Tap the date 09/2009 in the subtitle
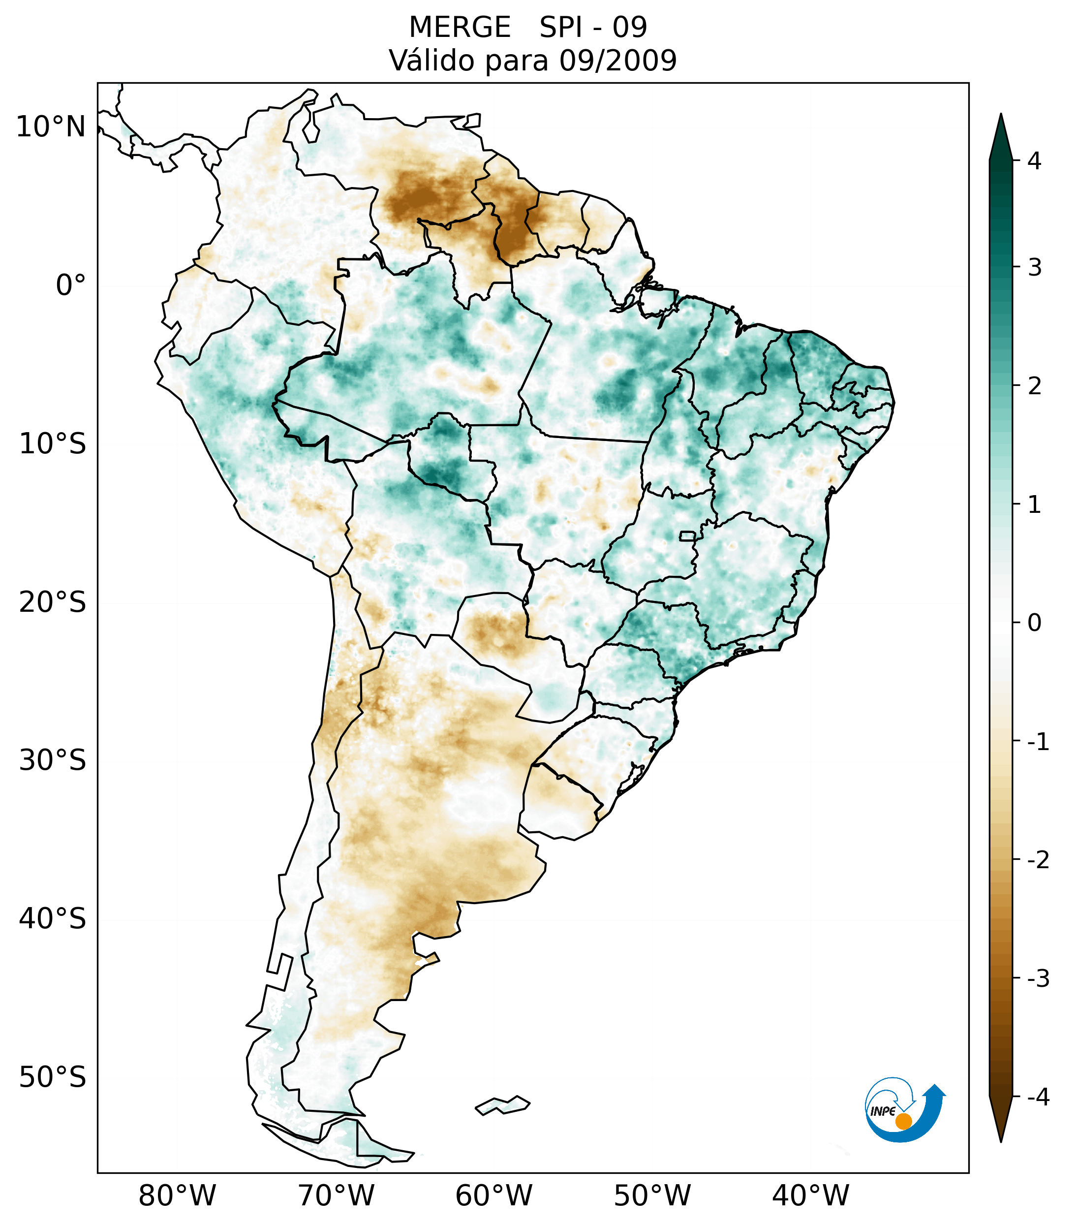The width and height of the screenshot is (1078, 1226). (617, 61)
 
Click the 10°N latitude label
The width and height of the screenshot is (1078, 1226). (51, 127)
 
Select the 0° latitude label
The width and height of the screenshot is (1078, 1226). (71, 285)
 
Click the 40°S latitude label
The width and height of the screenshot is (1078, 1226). (53, 918)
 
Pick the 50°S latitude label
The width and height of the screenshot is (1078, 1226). (53, 1077)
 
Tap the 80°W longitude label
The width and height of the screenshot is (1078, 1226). (178, 1195)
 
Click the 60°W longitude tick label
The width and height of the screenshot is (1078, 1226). (494, 1195)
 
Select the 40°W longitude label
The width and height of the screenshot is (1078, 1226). (811, 1195)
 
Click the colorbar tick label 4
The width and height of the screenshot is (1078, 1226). (1034, 161)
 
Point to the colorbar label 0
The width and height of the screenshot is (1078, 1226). (1034, 623)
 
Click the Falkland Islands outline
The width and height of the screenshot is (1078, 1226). (502, 1105)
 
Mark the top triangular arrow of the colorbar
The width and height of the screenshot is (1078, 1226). (1001, 138)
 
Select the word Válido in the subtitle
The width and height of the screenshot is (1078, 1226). (425, 61)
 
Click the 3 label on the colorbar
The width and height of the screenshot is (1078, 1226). (1034, 267)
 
